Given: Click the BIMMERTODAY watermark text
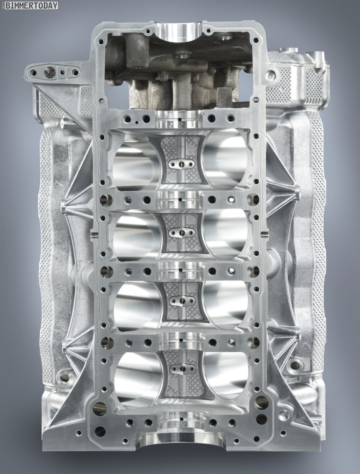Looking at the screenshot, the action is point(32,6).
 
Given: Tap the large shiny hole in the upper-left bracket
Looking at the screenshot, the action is point(49,71).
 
